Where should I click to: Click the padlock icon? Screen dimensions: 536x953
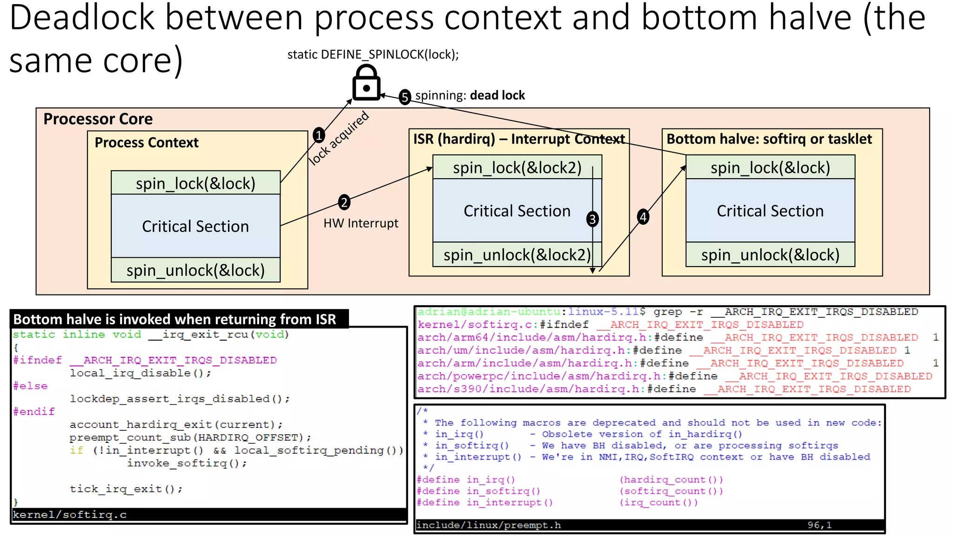(x=366, y=83)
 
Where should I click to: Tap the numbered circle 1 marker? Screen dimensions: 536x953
(x=319, y=135)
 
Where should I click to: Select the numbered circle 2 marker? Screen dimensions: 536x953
(x=344, y=202)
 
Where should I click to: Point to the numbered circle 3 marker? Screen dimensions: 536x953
(x=592, y=219)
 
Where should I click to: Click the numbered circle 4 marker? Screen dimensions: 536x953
(x=643, y=217)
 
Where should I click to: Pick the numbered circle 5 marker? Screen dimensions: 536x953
(x=405, y=97)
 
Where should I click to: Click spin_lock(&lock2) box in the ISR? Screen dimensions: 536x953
(x=517, y=167)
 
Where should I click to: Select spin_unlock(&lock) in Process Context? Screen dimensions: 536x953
(x=195, y=270)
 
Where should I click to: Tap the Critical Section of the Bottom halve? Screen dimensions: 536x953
(x=770, y=211)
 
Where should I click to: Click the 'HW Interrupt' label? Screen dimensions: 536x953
(x=361, y=223)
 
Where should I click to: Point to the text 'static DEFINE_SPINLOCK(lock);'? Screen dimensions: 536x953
(x=373, y=54)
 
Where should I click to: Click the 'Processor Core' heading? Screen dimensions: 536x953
(x=98, y=119)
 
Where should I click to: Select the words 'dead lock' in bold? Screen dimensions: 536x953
(x=497, y=95)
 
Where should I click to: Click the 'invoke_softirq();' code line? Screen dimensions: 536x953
(x=187, y=463)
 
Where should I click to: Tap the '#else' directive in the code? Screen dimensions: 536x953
(x=30, y=386)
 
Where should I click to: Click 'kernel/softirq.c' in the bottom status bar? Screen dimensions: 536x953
(x=70, y=515)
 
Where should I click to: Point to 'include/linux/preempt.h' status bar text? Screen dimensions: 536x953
(x=488, y=525)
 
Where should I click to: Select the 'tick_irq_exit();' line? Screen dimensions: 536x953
(x=126, y=489)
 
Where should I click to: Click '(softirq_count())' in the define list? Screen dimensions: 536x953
(x=671, y=491)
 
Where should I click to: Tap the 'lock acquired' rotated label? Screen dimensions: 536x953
(x=339, y=138)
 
